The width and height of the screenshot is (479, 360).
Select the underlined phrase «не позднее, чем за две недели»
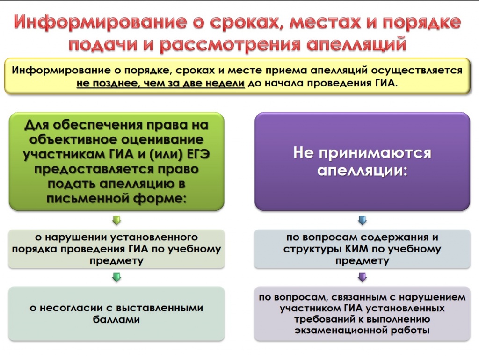[x=160, y=83]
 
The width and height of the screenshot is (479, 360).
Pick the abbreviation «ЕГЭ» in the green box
[x=198, y=154]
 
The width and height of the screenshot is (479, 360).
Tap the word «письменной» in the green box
[x=88, y=199]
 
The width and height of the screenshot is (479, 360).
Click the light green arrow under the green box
[x=116, y=220]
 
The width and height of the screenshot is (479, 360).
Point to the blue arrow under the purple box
[x=363, y=220]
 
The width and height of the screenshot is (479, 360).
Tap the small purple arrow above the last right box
[x=363, y=277]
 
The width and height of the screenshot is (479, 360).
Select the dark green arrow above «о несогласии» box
[x=116, y=277]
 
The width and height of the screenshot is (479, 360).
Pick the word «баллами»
[x=116, y=319]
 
